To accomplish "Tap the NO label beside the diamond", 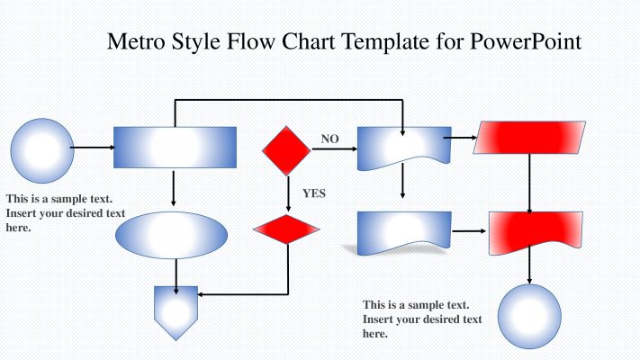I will click(330, 139).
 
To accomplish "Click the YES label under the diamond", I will click(314, 193).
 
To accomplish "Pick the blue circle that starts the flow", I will click(41, 148).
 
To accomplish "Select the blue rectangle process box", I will click(175, 147).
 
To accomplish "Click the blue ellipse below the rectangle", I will click(172, 236).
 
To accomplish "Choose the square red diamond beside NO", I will click(287, 149).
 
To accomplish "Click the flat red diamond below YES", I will click(287, 229).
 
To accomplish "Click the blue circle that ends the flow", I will click(529, 316).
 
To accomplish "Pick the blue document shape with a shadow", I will click(404, 232).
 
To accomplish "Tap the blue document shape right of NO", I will click(404, 147).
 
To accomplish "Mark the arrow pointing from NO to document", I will click(334, 149).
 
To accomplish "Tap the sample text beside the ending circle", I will click(421, 319).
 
